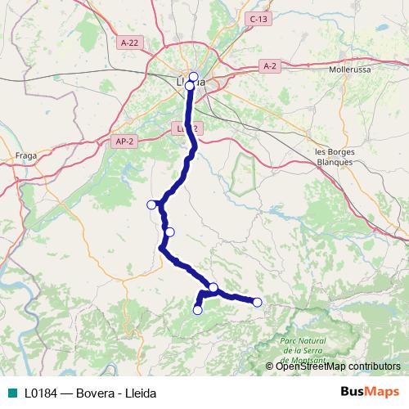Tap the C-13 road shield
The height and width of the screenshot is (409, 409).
coord(258,19)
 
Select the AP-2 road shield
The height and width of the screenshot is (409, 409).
coord(124,142)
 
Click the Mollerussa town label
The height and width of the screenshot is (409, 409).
coord(350,70)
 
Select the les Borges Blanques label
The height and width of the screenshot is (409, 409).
coord(334,156)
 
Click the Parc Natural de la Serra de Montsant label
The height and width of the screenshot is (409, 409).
coord(303,348)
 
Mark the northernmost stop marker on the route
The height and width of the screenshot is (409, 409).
coord(193,77)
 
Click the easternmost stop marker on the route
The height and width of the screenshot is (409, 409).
coord(257,303)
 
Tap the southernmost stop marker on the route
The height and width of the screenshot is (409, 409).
coord(197,310)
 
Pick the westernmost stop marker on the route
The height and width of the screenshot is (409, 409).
coord(151,204)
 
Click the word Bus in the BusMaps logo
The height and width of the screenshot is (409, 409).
coord(352,393)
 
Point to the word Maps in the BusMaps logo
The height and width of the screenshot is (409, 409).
coord(380,393)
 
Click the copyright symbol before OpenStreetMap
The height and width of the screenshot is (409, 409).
coord(271,366)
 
